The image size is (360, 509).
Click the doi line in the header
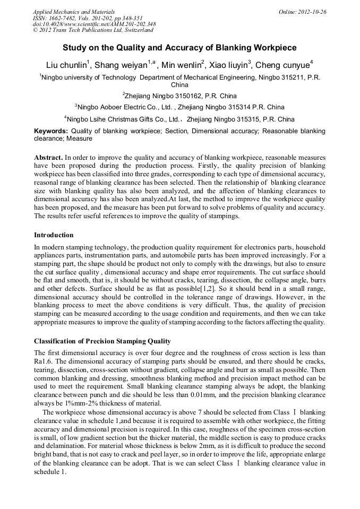(x=95, y=24)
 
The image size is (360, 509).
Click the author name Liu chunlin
(x=67, y=66)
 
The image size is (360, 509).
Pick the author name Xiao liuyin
(x=227, y=66)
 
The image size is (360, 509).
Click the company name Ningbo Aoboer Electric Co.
(x=120, y=107)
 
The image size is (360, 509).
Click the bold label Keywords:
(x=51, y=131)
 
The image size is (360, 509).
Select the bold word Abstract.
(x=48, y=158)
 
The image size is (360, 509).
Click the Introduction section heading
(x=54, y=235)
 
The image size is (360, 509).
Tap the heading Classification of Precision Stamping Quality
(x=102, y=341)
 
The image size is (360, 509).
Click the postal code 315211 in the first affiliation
(x=283, y=77)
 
